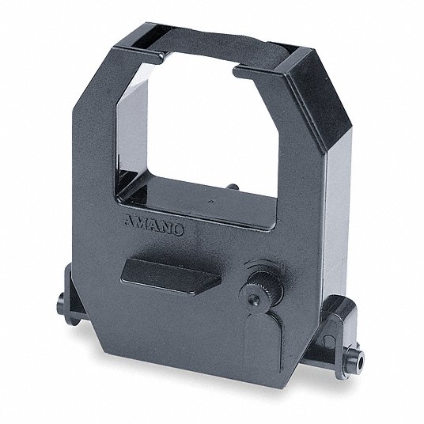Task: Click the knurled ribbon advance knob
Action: click(x=263, y=287)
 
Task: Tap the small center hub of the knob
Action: click(x=254, y=299)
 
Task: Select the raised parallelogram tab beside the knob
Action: click(x=171, y=276)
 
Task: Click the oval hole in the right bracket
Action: click(x=328, y=341)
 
